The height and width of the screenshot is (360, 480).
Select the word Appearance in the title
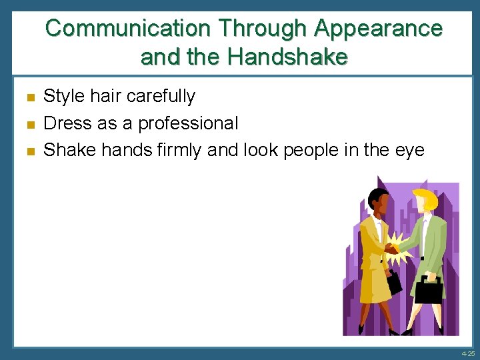(378, 28)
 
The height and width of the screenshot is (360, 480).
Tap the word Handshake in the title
(287, 57)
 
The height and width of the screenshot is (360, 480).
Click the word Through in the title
(263, 28)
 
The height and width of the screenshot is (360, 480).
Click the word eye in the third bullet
(409, 150)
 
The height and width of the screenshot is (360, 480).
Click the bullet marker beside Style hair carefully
(30, 98)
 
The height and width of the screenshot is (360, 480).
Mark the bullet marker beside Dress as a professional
(30, 125)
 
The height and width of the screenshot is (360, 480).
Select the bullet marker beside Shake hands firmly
(30, 151)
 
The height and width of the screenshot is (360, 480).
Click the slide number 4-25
(467, 353)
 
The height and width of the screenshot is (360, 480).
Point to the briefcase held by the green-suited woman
(429, 289)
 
